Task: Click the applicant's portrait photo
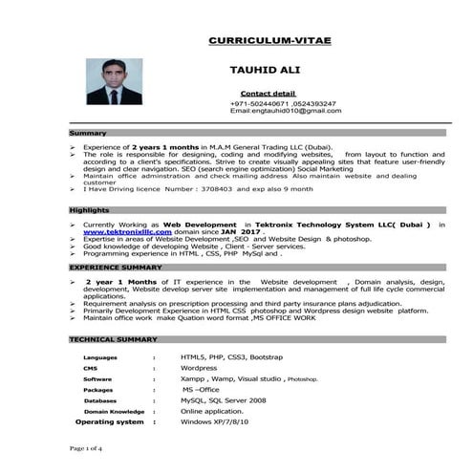pyautogui.click(x=115, y=82)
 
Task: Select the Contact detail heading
pyautogui.click(x=268, y=93)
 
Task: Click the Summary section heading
pyautogui.click(x=88, y=133)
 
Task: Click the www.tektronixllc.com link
pyautogui.click(x=127, y=232)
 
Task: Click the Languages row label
pyautogui.click(x=100, y=356)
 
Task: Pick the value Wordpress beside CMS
pyautogui.click(x=199, y=368)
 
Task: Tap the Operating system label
pyautogui.click(x=110, y=421)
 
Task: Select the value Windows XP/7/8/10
pyautogui.click(x=214, y=421)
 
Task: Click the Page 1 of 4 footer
pyautogui.click(x=87, y=447)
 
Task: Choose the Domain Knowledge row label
pyautogui.click(x=114, y=411)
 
